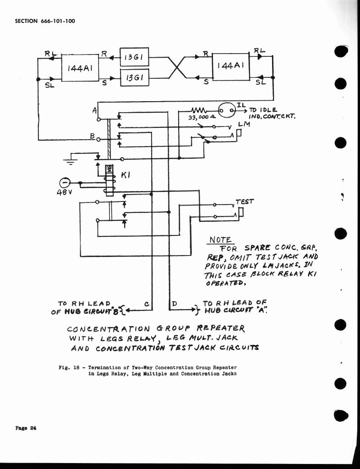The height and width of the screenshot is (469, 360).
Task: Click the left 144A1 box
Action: coord(80,68)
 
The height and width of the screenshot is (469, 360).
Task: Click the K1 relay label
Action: coord(125,175)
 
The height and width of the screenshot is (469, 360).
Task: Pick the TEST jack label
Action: coord(244,201)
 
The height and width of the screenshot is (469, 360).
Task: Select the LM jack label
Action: coord(243,124)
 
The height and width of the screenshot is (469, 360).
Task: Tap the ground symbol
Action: coord(70,160)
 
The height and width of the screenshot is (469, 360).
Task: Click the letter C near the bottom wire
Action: coord(146,303)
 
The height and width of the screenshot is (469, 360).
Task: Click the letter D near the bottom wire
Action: coord(175,303)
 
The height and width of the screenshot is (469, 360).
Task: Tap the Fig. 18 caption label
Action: coord(68,367)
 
